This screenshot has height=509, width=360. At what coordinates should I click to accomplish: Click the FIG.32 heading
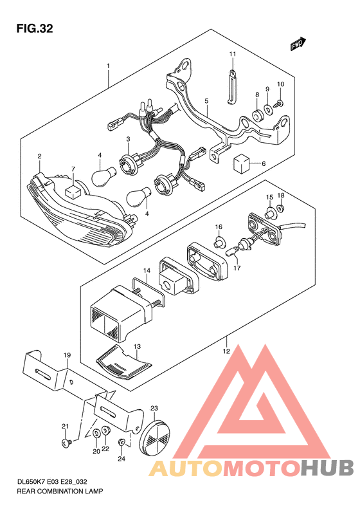(34, 28)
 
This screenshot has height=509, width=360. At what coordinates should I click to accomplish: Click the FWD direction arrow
(298, 44)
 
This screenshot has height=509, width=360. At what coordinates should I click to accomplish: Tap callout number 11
(233, 54)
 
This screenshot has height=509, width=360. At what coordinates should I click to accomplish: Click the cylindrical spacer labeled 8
(258, 116)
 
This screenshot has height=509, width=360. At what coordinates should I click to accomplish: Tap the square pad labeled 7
(73, 192)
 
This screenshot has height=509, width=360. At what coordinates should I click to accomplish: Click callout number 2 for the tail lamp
(40, 156)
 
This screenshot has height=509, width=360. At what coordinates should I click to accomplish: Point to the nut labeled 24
(122, 441)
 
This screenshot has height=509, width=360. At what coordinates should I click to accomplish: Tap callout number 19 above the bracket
(67, 355)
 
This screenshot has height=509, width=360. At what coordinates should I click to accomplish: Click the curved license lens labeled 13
(124, 364)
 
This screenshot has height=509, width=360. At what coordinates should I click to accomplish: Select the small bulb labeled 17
(233, 251)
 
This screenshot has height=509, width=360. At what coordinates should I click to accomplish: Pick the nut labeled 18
(281, 207)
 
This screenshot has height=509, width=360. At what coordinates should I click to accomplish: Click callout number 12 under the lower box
(226, 351)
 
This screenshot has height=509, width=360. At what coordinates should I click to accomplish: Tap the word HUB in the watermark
(327, 468)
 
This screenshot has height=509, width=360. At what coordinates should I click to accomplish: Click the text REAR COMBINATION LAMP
(60, 491)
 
